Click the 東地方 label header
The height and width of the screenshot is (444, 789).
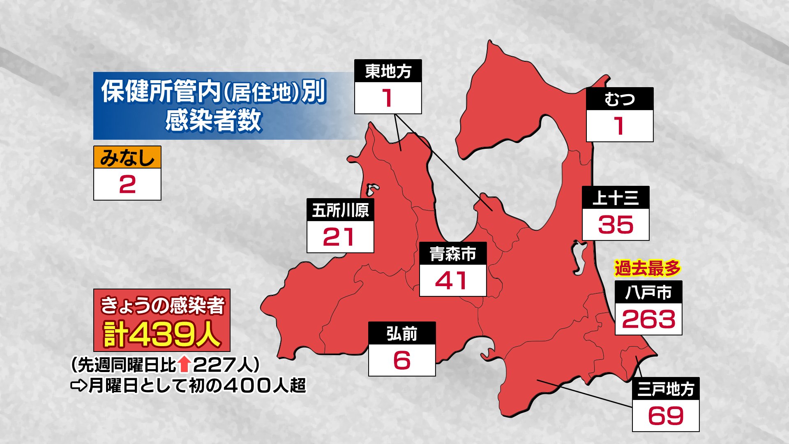[x=388, y=71]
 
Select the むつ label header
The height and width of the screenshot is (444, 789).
[x=619, y=99]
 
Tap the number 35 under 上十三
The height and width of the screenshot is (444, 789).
[x=616, y=225]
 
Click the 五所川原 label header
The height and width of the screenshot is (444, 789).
[x=340, y=210]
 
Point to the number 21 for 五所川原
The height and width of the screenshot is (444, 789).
[x=339, y=237]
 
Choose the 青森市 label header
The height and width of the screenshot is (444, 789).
[x=453, y=254]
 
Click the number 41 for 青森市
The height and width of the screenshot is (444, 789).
[x=451, y=281]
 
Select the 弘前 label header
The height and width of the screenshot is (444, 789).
[x=401, y=333]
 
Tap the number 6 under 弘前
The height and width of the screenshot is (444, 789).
[x=401, y=360]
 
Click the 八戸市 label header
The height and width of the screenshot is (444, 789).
[x=648, y=292]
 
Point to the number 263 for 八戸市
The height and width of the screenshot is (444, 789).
[x=648, y=319]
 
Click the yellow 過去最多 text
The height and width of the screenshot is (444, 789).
[x=647, y=268]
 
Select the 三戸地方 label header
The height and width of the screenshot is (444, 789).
[x=666, y=389]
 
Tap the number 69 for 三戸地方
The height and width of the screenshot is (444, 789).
[x=666, y=416]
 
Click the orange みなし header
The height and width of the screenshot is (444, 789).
[x=127, y=157]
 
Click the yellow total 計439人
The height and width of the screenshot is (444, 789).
[x=162, y=335]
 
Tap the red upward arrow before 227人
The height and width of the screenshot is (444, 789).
[x=185, y=364]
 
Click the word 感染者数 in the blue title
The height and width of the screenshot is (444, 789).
[x=213, y=120]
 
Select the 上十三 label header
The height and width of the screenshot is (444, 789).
[x=616, y=198]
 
